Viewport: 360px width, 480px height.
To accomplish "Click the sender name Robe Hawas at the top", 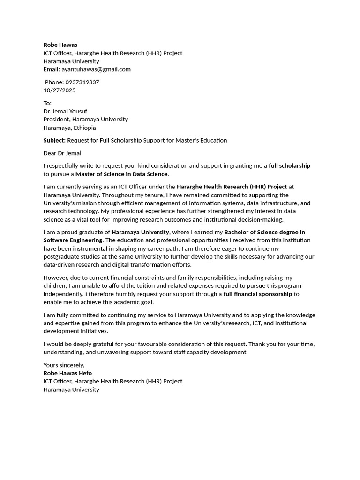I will (60, 45).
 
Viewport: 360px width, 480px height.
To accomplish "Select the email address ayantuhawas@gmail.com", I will (96, 69).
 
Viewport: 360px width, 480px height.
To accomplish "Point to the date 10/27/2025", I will (60, 90).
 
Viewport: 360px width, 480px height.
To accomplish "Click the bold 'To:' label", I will (47, 103).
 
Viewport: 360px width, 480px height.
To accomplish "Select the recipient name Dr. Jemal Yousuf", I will (65, 112).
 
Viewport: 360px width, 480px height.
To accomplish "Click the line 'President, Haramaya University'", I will (85, 120).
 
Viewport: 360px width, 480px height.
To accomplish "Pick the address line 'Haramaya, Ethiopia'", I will (69, 128).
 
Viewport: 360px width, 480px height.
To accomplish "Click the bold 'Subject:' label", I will (54, 141).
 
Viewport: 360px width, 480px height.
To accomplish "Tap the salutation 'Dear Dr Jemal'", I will (62, 153).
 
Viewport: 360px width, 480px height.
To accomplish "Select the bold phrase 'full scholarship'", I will (289, 166).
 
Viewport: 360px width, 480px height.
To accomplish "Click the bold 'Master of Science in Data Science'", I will (121, 174).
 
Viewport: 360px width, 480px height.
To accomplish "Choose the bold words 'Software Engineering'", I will (73, 240).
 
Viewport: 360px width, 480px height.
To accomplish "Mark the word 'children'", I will (55, 286).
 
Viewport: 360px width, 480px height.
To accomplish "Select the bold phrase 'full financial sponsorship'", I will (257, 294).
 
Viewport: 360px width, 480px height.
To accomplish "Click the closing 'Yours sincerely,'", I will (64, 365).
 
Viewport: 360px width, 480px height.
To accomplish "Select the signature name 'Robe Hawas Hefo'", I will (67, 373).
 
